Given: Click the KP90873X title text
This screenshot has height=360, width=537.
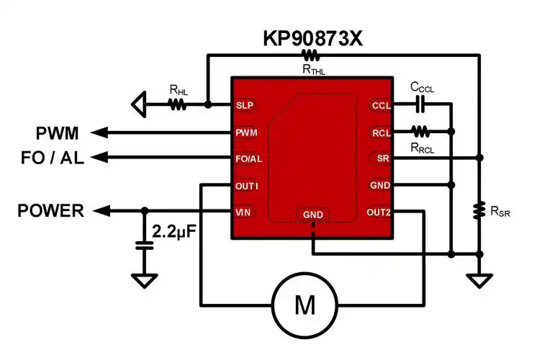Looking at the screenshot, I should [312, 37].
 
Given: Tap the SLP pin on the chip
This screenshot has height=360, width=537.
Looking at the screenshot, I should [245, 105].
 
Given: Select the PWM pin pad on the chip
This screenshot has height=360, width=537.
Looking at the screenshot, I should [245, 132].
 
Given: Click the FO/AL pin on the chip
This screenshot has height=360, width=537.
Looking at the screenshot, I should [248, 158].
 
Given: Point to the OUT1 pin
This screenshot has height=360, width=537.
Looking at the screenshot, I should [246, 185].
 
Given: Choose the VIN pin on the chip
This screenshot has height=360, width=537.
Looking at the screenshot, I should [243, 212].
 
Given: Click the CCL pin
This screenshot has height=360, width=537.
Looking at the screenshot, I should [381, 106].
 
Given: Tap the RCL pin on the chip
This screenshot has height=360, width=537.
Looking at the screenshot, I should [381, 132].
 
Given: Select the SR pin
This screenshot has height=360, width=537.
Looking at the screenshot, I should [382, 158].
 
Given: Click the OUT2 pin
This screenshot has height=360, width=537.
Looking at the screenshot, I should [379, 212].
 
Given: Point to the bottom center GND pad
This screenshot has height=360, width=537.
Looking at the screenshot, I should [313, 215].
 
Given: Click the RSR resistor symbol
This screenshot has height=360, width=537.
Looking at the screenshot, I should [478, 210].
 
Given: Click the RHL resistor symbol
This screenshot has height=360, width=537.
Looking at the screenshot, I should [177, 105].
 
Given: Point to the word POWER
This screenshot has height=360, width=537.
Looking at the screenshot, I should [51, 211].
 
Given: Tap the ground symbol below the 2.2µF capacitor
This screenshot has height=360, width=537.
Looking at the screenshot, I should [145, 279].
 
